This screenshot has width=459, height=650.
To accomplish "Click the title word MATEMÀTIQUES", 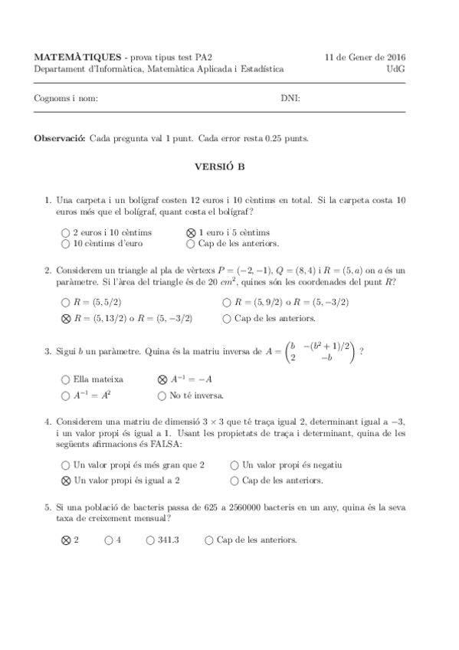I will coord(77,57).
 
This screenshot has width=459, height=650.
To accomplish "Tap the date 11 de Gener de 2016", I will coord(366,57).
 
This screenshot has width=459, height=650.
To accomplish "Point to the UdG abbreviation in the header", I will coord(396,68).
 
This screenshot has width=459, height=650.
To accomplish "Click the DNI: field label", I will coord(290,98).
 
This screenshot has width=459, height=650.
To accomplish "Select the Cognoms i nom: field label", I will coord(66,98).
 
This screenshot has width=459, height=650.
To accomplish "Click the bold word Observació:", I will coord(61,139).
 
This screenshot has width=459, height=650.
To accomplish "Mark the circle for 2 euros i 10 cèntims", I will coord(65,232).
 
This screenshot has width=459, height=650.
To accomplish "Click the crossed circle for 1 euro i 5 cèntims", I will coord(191,232).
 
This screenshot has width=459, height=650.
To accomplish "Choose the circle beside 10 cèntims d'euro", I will coord(65,244).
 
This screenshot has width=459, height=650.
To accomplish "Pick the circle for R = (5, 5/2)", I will coord(65,302).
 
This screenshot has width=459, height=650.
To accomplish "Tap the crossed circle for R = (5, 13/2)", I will coord(65,318).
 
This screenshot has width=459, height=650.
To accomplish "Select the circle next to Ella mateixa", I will coord(65,379).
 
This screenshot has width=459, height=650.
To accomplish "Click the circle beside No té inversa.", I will coord(162,396).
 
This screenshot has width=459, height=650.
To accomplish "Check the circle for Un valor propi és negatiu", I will coord(234,465).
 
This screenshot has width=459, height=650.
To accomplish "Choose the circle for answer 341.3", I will coord(150,540).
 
